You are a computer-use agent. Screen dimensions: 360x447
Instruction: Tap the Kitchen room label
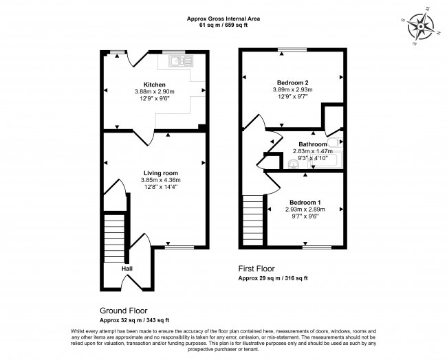tap(155, 85)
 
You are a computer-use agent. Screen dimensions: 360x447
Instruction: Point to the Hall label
tap(127, 268)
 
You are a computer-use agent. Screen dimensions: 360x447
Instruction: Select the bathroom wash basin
tap(294, 163)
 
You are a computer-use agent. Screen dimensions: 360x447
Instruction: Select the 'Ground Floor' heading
tap(124, 310)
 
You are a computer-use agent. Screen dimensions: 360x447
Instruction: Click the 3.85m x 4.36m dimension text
tap(155, 180)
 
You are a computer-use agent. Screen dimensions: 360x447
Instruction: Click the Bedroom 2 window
tap(292, 50)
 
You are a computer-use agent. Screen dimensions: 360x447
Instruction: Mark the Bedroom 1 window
tap(318, 247)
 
